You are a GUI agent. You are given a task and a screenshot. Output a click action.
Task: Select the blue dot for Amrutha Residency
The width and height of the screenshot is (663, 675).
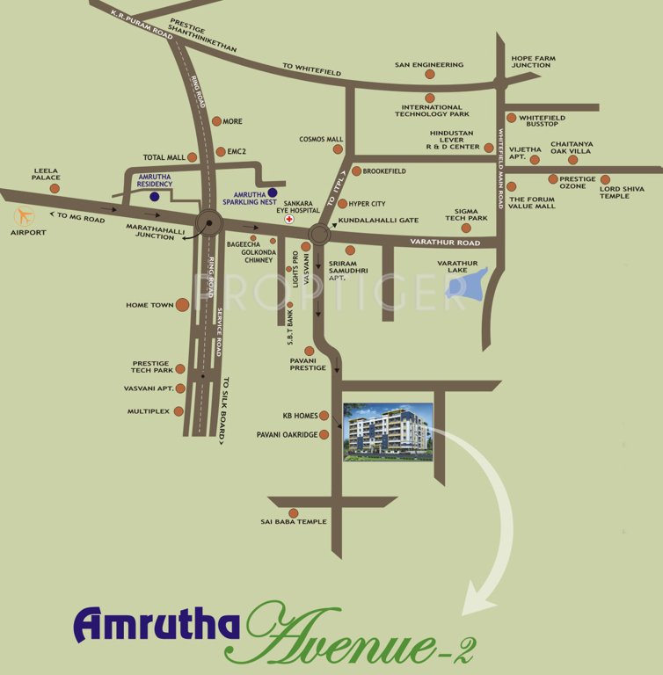tap(155, 197)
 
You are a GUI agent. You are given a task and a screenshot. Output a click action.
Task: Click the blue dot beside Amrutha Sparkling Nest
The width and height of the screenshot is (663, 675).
tap(273, 192)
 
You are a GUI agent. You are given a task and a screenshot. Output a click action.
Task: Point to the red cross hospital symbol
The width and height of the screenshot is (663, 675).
tap(289, 233)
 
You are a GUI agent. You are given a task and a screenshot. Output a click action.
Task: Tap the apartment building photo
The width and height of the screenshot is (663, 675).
tap(387, 432)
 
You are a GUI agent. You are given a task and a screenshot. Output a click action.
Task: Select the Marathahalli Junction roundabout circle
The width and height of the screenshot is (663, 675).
tap(210, 224)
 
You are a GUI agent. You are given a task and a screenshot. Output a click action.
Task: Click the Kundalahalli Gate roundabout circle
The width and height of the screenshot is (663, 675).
tap(318, 234)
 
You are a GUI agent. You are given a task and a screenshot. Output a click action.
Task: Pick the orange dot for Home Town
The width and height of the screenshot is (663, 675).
tap(182, 305)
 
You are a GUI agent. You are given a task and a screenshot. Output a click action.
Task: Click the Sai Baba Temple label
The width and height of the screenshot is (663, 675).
tap(293, 522)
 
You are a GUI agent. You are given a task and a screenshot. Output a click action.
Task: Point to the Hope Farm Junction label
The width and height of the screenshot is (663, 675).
tap(532, 61)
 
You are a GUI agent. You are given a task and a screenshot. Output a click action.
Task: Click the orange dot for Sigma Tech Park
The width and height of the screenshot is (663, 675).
tap(466, 228)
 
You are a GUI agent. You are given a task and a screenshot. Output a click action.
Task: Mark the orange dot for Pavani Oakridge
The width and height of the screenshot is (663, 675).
tap(324, 434)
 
